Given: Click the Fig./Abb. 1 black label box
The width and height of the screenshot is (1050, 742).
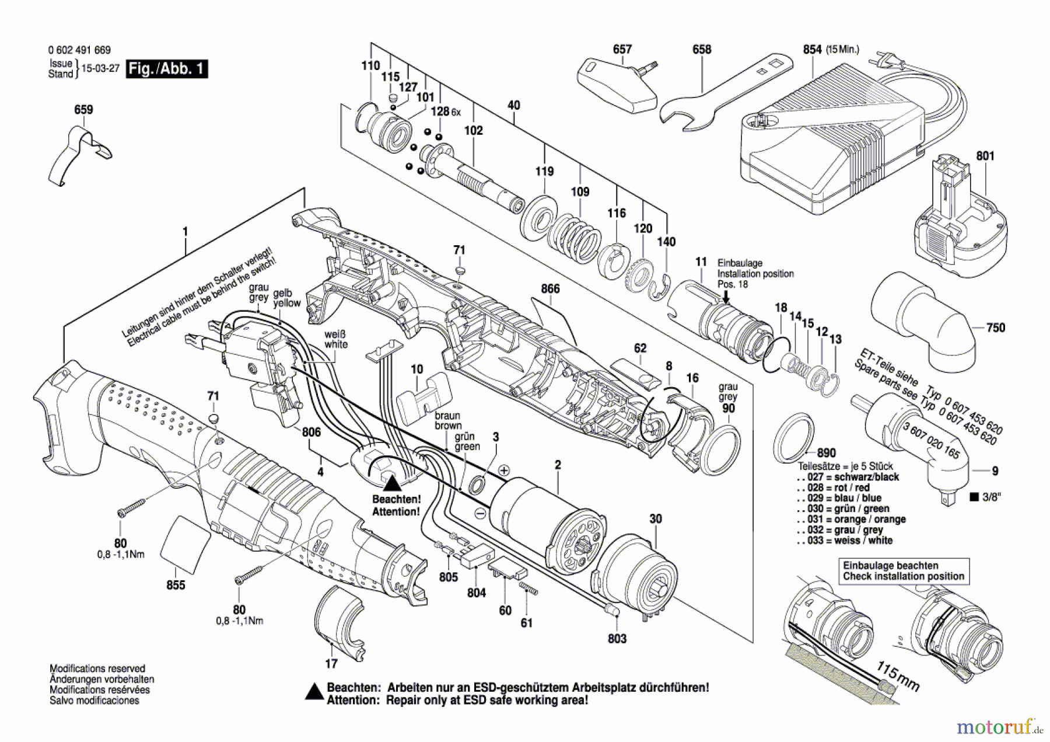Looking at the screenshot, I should [x=167, y=69].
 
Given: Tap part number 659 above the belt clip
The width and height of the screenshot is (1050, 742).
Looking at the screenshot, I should [x=83, y=110].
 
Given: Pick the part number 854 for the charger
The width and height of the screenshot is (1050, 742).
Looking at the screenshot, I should [x=812, y=50].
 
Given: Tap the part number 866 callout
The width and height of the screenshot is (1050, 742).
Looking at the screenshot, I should [x=550, y=289].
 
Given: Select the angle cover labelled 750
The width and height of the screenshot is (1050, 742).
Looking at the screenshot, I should [x=925, y=324].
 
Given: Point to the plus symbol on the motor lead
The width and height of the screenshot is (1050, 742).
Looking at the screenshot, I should [x=504, y=470].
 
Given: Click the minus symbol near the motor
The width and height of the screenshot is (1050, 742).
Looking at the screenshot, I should [x=480, y=513].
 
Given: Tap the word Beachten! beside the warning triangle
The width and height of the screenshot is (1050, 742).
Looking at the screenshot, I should [x=396, y=500].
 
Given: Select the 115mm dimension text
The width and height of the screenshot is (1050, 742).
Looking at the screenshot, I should [x=898, y=677].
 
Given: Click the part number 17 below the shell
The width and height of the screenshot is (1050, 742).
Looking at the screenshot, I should [x=331, y=664].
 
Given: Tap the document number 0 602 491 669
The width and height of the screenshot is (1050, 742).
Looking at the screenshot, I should [x=79, y=50].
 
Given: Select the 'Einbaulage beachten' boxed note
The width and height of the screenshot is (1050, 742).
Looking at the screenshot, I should [x=903, y=571].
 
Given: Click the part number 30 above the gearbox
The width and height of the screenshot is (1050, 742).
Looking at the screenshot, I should [x=656, y=519].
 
